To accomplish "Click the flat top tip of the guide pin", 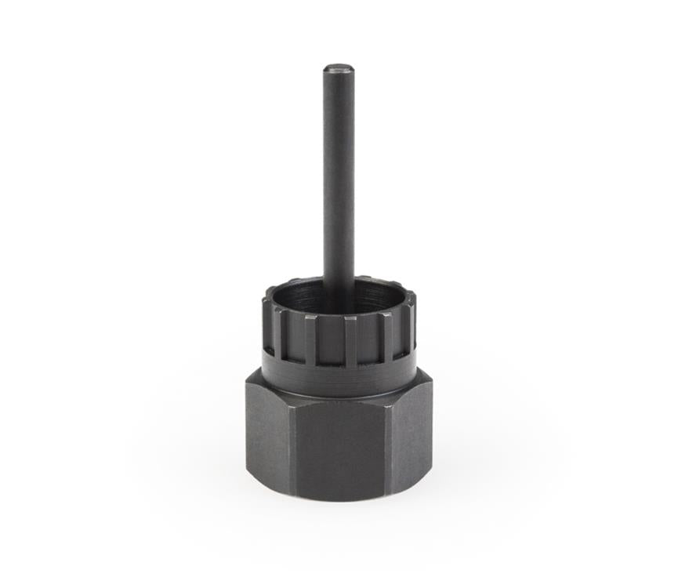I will point(339,69).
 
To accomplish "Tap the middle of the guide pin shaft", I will point(339,180).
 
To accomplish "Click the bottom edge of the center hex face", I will point(339,499).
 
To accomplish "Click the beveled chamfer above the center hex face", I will point(339,398).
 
